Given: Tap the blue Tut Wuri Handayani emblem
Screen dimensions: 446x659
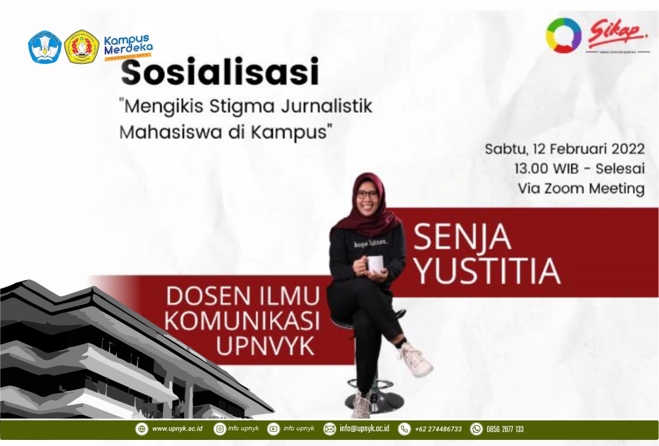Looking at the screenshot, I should tap(45, 47).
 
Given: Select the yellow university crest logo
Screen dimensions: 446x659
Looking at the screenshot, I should tap(82, 47).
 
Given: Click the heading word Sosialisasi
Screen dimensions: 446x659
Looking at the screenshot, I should tap(220, 73).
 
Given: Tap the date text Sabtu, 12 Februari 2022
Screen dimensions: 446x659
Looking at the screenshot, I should tap(564, 149).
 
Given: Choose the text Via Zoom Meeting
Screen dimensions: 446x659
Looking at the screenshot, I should tap(581, 189).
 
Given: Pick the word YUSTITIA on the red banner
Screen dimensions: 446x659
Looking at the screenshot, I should tap(487, 270).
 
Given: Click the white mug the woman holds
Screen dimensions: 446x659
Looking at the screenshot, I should tap(374, 263).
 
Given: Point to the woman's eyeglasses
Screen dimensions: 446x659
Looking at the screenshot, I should tap(367, 195).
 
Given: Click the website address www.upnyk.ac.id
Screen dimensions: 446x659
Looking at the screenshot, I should tap(176, 429).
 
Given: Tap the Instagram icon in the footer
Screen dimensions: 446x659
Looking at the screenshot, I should tap(219, 429).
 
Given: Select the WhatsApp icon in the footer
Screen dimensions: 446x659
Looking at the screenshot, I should tap(476, 429).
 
